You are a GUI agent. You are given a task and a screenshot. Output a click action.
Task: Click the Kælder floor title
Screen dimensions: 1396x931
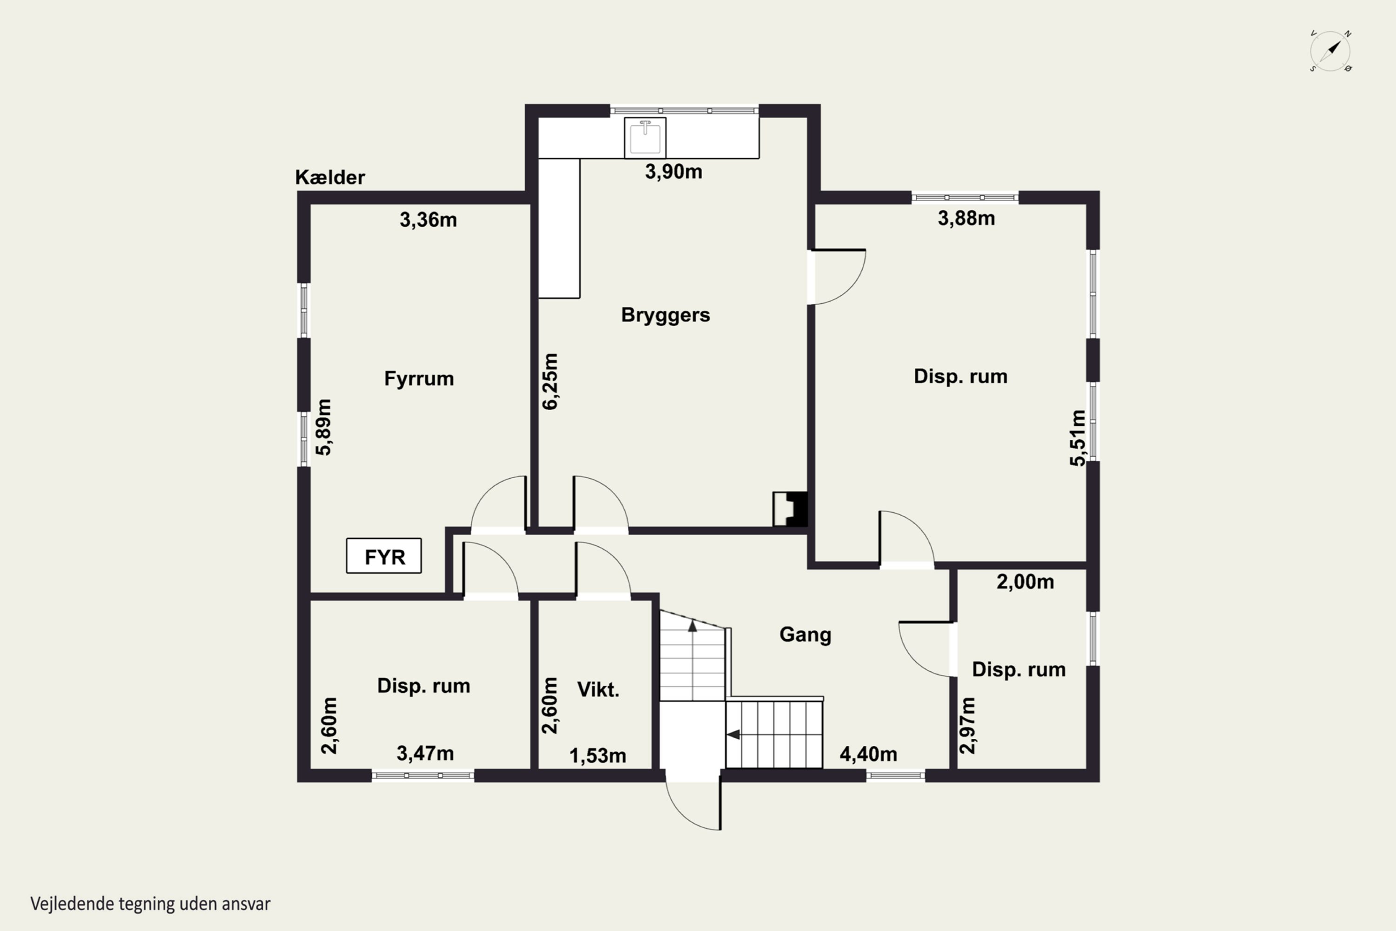tap(330, 177)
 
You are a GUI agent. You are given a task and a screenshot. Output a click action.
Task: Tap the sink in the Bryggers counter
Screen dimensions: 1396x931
tap(645, 138)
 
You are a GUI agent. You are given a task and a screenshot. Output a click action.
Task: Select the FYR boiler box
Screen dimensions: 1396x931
tap(384, 556)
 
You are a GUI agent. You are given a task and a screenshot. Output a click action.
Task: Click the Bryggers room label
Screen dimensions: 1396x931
tap(665, 315)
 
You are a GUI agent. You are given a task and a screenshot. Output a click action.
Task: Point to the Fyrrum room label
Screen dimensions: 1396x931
tap(419, 378)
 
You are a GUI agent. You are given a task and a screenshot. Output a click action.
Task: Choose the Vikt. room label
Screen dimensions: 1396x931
tap(598, 689)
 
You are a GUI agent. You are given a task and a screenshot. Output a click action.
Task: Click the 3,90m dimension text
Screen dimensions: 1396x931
tap(674, 172)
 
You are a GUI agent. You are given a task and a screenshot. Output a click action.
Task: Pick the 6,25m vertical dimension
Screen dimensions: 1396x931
tap(550, 381)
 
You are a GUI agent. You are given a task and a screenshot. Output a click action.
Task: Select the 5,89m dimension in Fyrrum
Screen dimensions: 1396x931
tap(323, 427)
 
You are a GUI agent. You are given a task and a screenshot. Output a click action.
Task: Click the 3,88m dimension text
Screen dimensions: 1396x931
tap(966, 218)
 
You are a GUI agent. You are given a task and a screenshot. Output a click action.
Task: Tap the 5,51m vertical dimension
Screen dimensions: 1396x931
tap(1078, 438)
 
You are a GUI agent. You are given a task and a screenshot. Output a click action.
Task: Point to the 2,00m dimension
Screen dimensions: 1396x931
tap(1025, 582)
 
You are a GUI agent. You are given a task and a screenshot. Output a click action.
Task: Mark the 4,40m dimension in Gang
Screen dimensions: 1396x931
tap(868, 754)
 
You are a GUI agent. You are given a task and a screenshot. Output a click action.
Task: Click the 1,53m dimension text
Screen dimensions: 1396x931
tap(597, 756)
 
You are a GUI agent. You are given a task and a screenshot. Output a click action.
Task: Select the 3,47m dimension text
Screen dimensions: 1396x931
tap(425, 754)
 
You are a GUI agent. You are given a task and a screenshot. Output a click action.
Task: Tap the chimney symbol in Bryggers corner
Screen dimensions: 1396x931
tap(790, 509)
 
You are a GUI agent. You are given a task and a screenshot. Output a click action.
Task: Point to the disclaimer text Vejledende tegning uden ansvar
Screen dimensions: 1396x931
tap(150, 904)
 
